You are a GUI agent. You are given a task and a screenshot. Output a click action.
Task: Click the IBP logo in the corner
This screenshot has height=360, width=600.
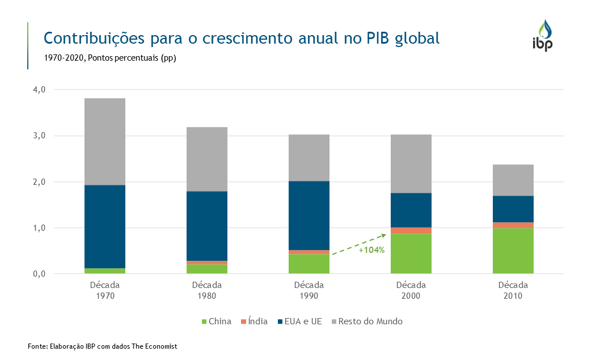tap(543, 36)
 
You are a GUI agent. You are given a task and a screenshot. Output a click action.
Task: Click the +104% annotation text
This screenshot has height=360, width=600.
tap(371, 249)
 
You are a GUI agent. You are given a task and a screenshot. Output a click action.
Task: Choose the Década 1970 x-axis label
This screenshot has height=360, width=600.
tap(105, 290)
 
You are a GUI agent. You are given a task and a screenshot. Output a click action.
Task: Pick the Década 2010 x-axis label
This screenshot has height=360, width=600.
tap(513, 290)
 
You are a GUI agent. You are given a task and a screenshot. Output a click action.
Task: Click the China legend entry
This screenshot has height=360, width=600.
tap(216, 321)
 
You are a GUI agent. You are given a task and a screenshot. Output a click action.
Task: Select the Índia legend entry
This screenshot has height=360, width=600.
tap(254, 321)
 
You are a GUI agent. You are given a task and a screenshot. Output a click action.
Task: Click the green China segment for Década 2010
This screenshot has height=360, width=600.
tap(513, 251)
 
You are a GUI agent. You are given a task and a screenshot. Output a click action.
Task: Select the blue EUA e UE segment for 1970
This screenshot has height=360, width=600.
tap(105, 227)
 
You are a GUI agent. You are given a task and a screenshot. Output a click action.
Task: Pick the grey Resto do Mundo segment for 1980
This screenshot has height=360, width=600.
tap(207, 159)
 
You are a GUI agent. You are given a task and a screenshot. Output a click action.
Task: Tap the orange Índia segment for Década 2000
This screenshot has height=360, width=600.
tap(411, 230)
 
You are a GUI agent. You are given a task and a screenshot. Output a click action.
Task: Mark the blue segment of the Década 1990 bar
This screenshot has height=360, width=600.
tap(309, 215)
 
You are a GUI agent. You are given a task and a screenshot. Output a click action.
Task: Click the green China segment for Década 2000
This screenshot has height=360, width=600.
tap(411, 253)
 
